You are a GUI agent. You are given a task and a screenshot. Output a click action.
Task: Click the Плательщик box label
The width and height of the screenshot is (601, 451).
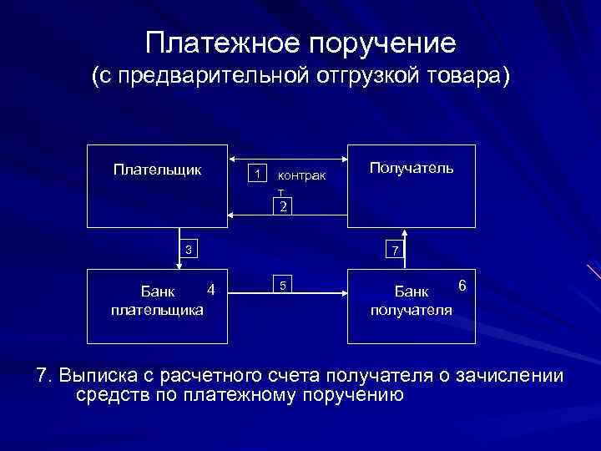(157, 170)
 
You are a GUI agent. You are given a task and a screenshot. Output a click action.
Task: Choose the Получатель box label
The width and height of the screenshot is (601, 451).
(412, 169)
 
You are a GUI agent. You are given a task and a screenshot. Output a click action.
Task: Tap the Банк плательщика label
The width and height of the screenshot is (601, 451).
(157, 301)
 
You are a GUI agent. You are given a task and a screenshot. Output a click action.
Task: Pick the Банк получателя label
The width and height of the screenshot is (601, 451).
(412, 301)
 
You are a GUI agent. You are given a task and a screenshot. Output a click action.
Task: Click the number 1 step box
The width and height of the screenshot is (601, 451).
(260, 174)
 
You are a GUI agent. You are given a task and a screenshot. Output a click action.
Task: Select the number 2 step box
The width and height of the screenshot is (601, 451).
(284, 206)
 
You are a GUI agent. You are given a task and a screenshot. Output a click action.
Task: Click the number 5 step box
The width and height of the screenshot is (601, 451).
(284, 286)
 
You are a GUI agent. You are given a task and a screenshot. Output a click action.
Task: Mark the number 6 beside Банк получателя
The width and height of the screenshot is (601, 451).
(462, 286)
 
